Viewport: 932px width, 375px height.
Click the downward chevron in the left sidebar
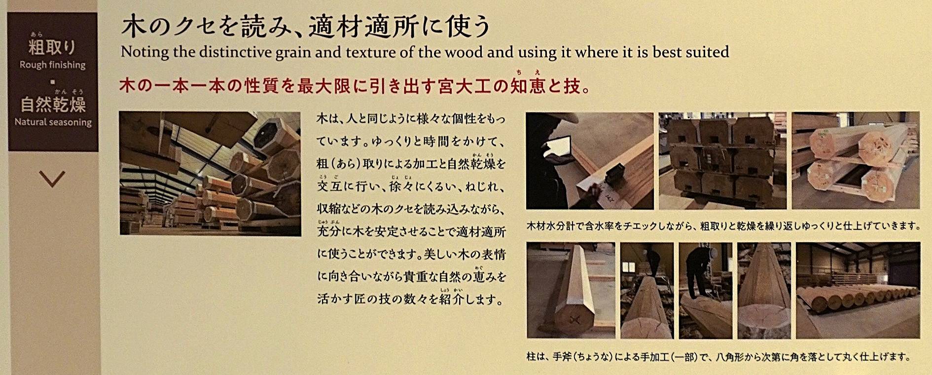(52, 178)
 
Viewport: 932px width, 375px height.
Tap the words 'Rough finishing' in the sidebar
(53, 65)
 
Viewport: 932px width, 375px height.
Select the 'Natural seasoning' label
(53, 122)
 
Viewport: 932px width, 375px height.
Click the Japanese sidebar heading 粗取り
(52, 47)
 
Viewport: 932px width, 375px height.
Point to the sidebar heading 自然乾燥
(53, 105)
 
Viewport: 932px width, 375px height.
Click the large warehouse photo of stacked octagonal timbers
(210, 174)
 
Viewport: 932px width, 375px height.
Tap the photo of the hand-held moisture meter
(590, 161)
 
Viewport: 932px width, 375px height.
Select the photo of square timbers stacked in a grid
(722, 161)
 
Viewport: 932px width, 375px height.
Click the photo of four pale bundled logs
(856, 161)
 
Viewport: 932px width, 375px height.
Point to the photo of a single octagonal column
(571, 290)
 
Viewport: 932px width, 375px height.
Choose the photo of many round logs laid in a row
(858, 290)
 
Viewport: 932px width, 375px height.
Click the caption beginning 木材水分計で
(723, 226)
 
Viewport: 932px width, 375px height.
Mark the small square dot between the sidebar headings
(52, 82)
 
